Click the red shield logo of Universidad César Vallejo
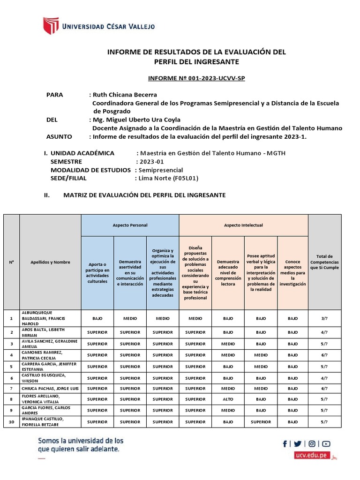tap(51, 26)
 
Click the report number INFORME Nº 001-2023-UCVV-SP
tap(196, 78)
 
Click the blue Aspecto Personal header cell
tap(130, 225)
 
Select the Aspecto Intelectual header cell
tap(243, 225)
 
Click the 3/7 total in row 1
tap(324, 318)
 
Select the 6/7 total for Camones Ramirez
tap(324, 355)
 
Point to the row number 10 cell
tap(11, 422)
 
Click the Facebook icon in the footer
tap(285, 443)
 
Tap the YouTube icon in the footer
tap(326, 443)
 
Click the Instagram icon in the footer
tap(312, 443)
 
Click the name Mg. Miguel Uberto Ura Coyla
tap(137, 120)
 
